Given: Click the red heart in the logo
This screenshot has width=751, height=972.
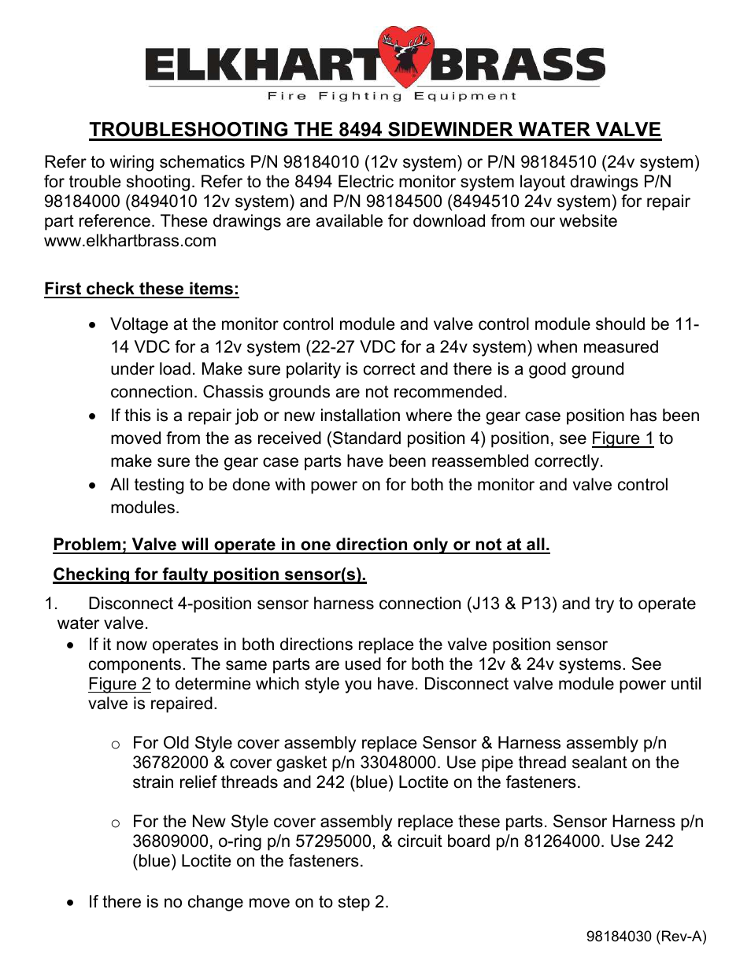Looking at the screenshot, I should tap(405, 56).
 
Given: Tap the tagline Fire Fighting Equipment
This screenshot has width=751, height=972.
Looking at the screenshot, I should tap(391, 96).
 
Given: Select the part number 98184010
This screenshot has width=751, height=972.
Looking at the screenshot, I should tap(327, 162).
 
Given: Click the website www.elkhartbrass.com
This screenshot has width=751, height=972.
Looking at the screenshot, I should tap(130, 241).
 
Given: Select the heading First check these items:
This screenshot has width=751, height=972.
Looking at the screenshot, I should tap(142, 289).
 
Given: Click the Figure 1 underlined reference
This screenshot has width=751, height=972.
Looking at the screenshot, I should tap(622, 438).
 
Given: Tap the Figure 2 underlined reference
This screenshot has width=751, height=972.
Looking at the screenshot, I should tap(119, 684).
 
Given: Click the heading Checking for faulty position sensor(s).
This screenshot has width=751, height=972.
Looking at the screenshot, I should tap(209, 575).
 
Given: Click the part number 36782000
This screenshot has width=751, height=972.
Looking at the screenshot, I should tap(169, 763).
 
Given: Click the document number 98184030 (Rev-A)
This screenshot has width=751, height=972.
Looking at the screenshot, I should tap(646, 937).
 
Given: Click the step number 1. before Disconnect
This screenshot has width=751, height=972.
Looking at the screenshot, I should tap(51, 604).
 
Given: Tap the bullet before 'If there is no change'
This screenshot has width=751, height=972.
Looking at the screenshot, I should tap(72, 903).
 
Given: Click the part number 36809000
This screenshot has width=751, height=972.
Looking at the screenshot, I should tap(169, 841).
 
